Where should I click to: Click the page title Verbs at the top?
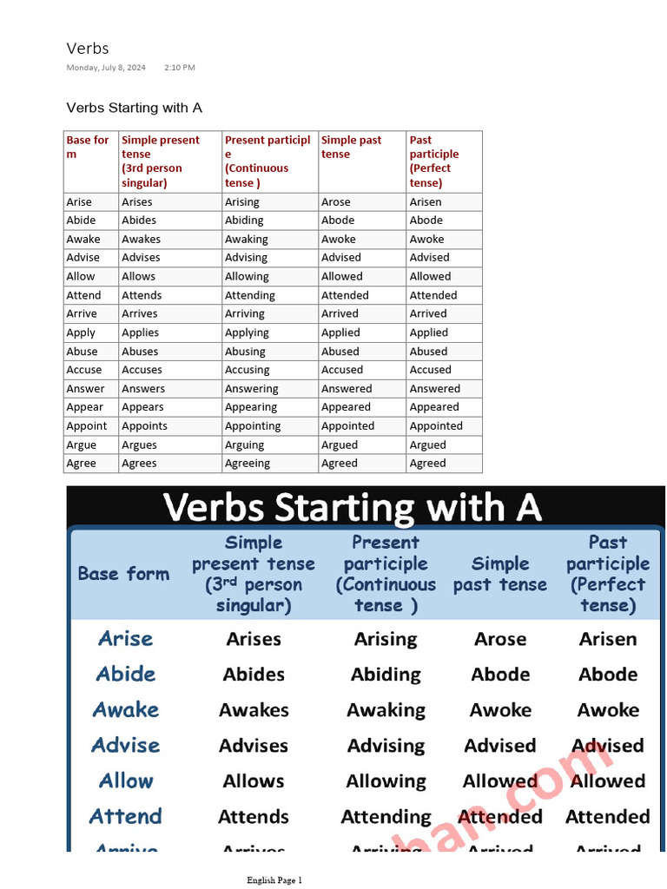(88, 48)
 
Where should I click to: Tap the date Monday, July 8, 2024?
(106, 67)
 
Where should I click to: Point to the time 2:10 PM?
(180, 67)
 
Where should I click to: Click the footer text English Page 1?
(274, 879)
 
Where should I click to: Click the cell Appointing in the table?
(253, 426)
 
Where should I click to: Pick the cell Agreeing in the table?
(248, 464)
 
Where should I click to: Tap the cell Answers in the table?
(143, 389)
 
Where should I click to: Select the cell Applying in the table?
(247, 333)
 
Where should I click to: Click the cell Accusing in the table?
(247, 370)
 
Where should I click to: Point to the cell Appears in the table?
(142, 407)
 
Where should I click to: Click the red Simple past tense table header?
(352, 147)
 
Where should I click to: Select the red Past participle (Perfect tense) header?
(434, 161)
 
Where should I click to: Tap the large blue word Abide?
(126, 674)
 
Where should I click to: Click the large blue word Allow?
(126, 780)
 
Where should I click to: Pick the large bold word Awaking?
(386, 710)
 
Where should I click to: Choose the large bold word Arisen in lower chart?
(608, 639)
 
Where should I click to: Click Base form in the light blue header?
(123, 574)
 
